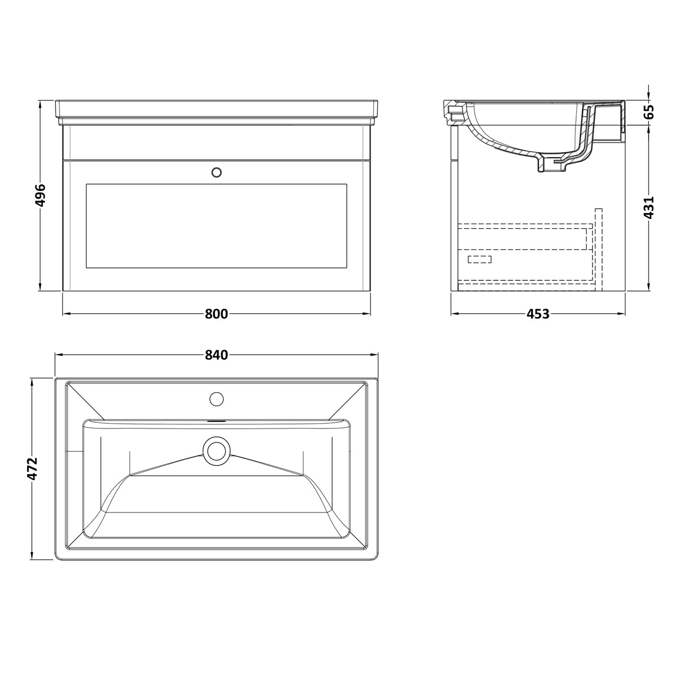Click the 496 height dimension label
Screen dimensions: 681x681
[41, 195]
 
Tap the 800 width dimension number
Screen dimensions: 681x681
[216, 314]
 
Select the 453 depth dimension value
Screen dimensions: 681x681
[538, 314]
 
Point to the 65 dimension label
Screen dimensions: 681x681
[649, 112]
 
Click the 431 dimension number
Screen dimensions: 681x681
[649, 208]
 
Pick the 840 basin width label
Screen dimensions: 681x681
[216, 355]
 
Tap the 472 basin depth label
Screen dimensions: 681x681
[32, 469]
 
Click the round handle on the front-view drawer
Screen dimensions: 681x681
[217, 173]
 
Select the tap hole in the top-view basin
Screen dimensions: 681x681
[217, 399]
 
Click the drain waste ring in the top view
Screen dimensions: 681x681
[217, 451]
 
